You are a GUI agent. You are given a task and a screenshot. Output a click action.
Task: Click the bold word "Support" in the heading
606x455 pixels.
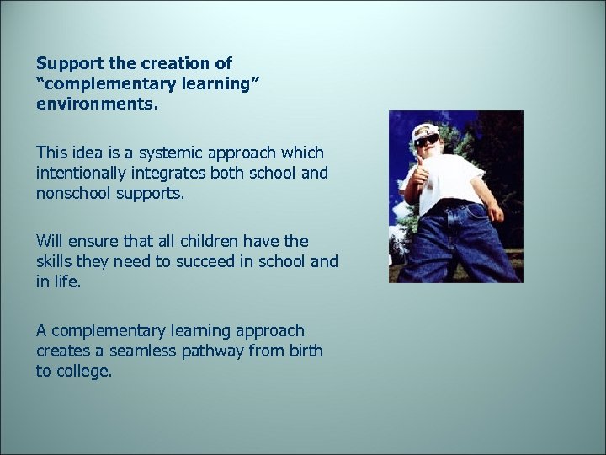pyautogui.click(x=68, y=64)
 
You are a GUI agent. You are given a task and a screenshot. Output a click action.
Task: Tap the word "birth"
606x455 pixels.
pyautogui.click(x=304, y=351)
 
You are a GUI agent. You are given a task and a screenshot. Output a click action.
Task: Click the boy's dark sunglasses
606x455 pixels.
pyautogui.click(x=428, y=140)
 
